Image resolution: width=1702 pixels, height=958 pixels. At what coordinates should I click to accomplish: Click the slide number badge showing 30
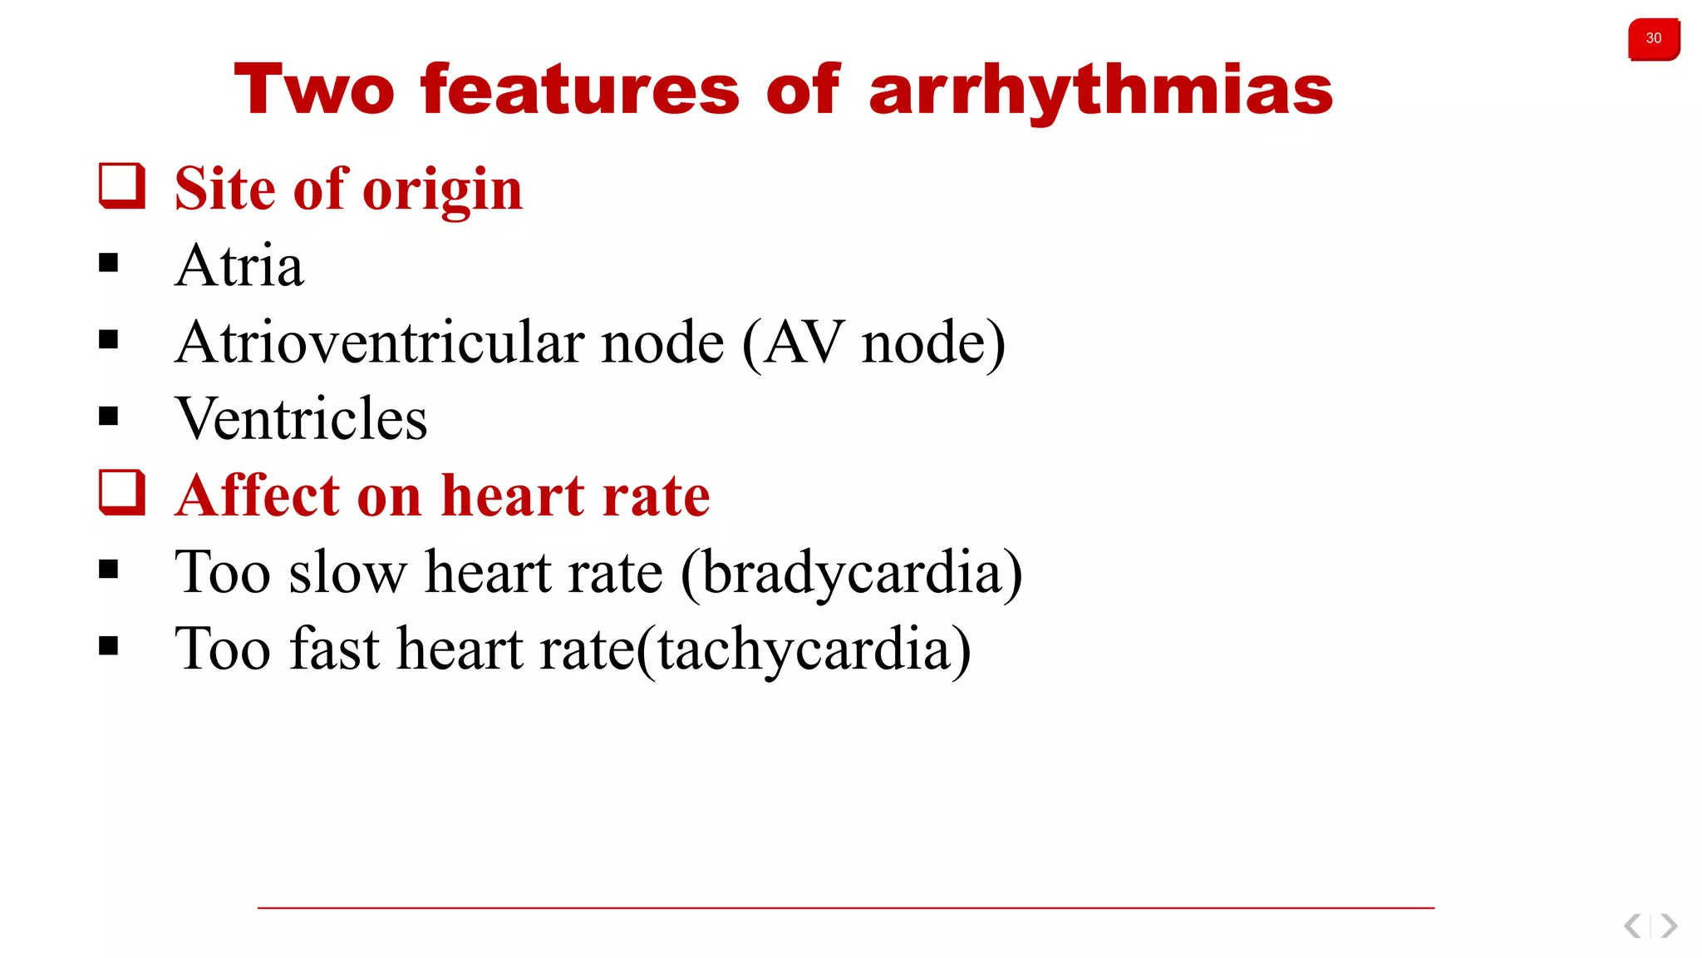(x=1653, y=39)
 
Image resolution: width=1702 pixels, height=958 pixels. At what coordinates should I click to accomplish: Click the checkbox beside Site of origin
(x=122, y=185)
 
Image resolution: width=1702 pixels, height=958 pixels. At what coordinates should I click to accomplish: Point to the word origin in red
(x=442, y=190)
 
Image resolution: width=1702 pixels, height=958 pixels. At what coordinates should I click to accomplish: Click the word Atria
(x=239, y=266)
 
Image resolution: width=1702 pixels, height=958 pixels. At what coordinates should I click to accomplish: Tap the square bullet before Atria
(x=108, y=264)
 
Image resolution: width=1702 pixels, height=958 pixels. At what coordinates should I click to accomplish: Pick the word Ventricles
(x=301, y=419)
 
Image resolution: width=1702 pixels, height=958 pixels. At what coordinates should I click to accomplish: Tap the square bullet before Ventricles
(x=108, y=416)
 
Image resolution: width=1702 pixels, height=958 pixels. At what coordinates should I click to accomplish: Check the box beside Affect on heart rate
(x=122, y=492)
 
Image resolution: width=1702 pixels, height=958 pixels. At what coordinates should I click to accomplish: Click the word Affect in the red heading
(x=258, y=496)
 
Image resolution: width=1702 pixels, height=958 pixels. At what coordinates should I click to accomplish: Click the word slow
(x=347, y=574)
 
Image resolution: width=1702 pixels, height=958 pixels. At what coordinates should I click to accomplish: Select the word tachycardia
(x=804, y=650)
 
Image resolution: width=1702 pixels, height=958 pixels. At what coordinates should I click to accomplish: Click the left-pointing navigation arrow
(x=1632, y=926)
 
